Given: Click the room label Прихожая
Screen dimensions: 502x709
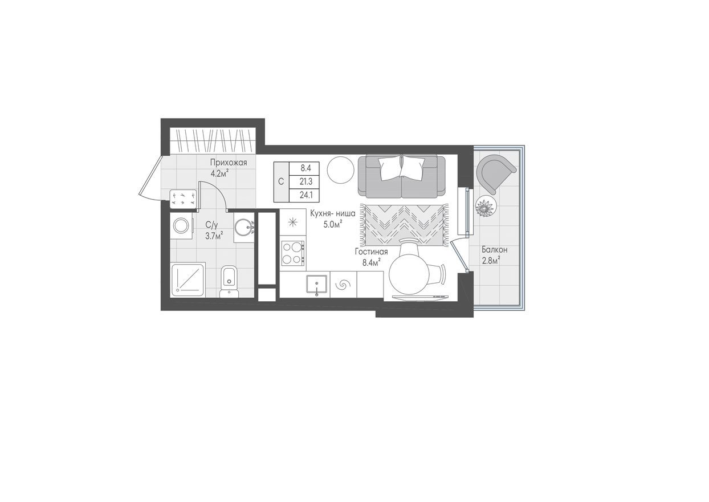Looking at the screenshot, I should [x=228, y=163].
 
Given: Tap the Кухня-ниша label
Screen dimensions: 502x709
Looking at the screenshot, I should [x=333, y=213].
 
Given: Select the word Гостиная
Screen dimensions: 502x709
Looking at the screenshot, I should [x=371, y=252].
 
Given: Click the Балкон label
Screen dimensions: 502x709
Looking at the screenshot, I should [x=494, y=249].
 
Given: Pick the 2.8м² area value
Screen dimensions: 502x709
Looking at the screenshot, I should [x=490, y=260].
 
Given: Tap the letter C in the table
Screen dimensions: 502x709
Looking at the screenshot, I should [x=280, y=182].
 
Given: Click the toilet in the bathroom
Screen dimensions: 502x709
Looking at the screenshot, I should [x=229, y=281].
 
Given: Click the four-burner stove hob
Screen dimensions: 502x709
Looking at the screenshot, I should [x=292, y=253].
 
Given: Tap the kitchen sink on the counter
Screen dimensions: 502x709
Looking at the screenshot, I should [x=316, y=284].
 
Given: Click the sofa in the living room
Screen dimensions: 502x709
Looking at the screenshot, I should [x=401, y=176].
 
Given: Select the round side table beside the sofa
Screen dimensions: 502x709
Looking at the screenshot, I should [x=341, y=169].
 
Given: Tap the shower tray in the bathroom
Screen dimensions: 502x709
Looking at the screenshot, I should [x=188, y=280].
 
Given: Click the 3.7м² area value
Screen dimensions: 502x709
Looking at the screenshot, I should [x=214, y=234].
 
